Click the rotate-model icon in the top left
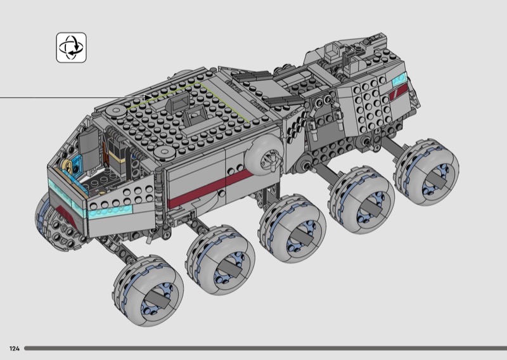click(71, 48)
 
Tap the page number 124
click(15, 349)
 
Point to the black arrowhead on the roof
click(149, 98)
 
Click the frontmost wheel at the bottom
click(149, 290)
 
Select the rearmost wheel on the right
click(427, 172)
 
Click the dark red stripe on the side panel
click(210, 189)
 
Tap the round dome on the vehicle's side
click(264, 155)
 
